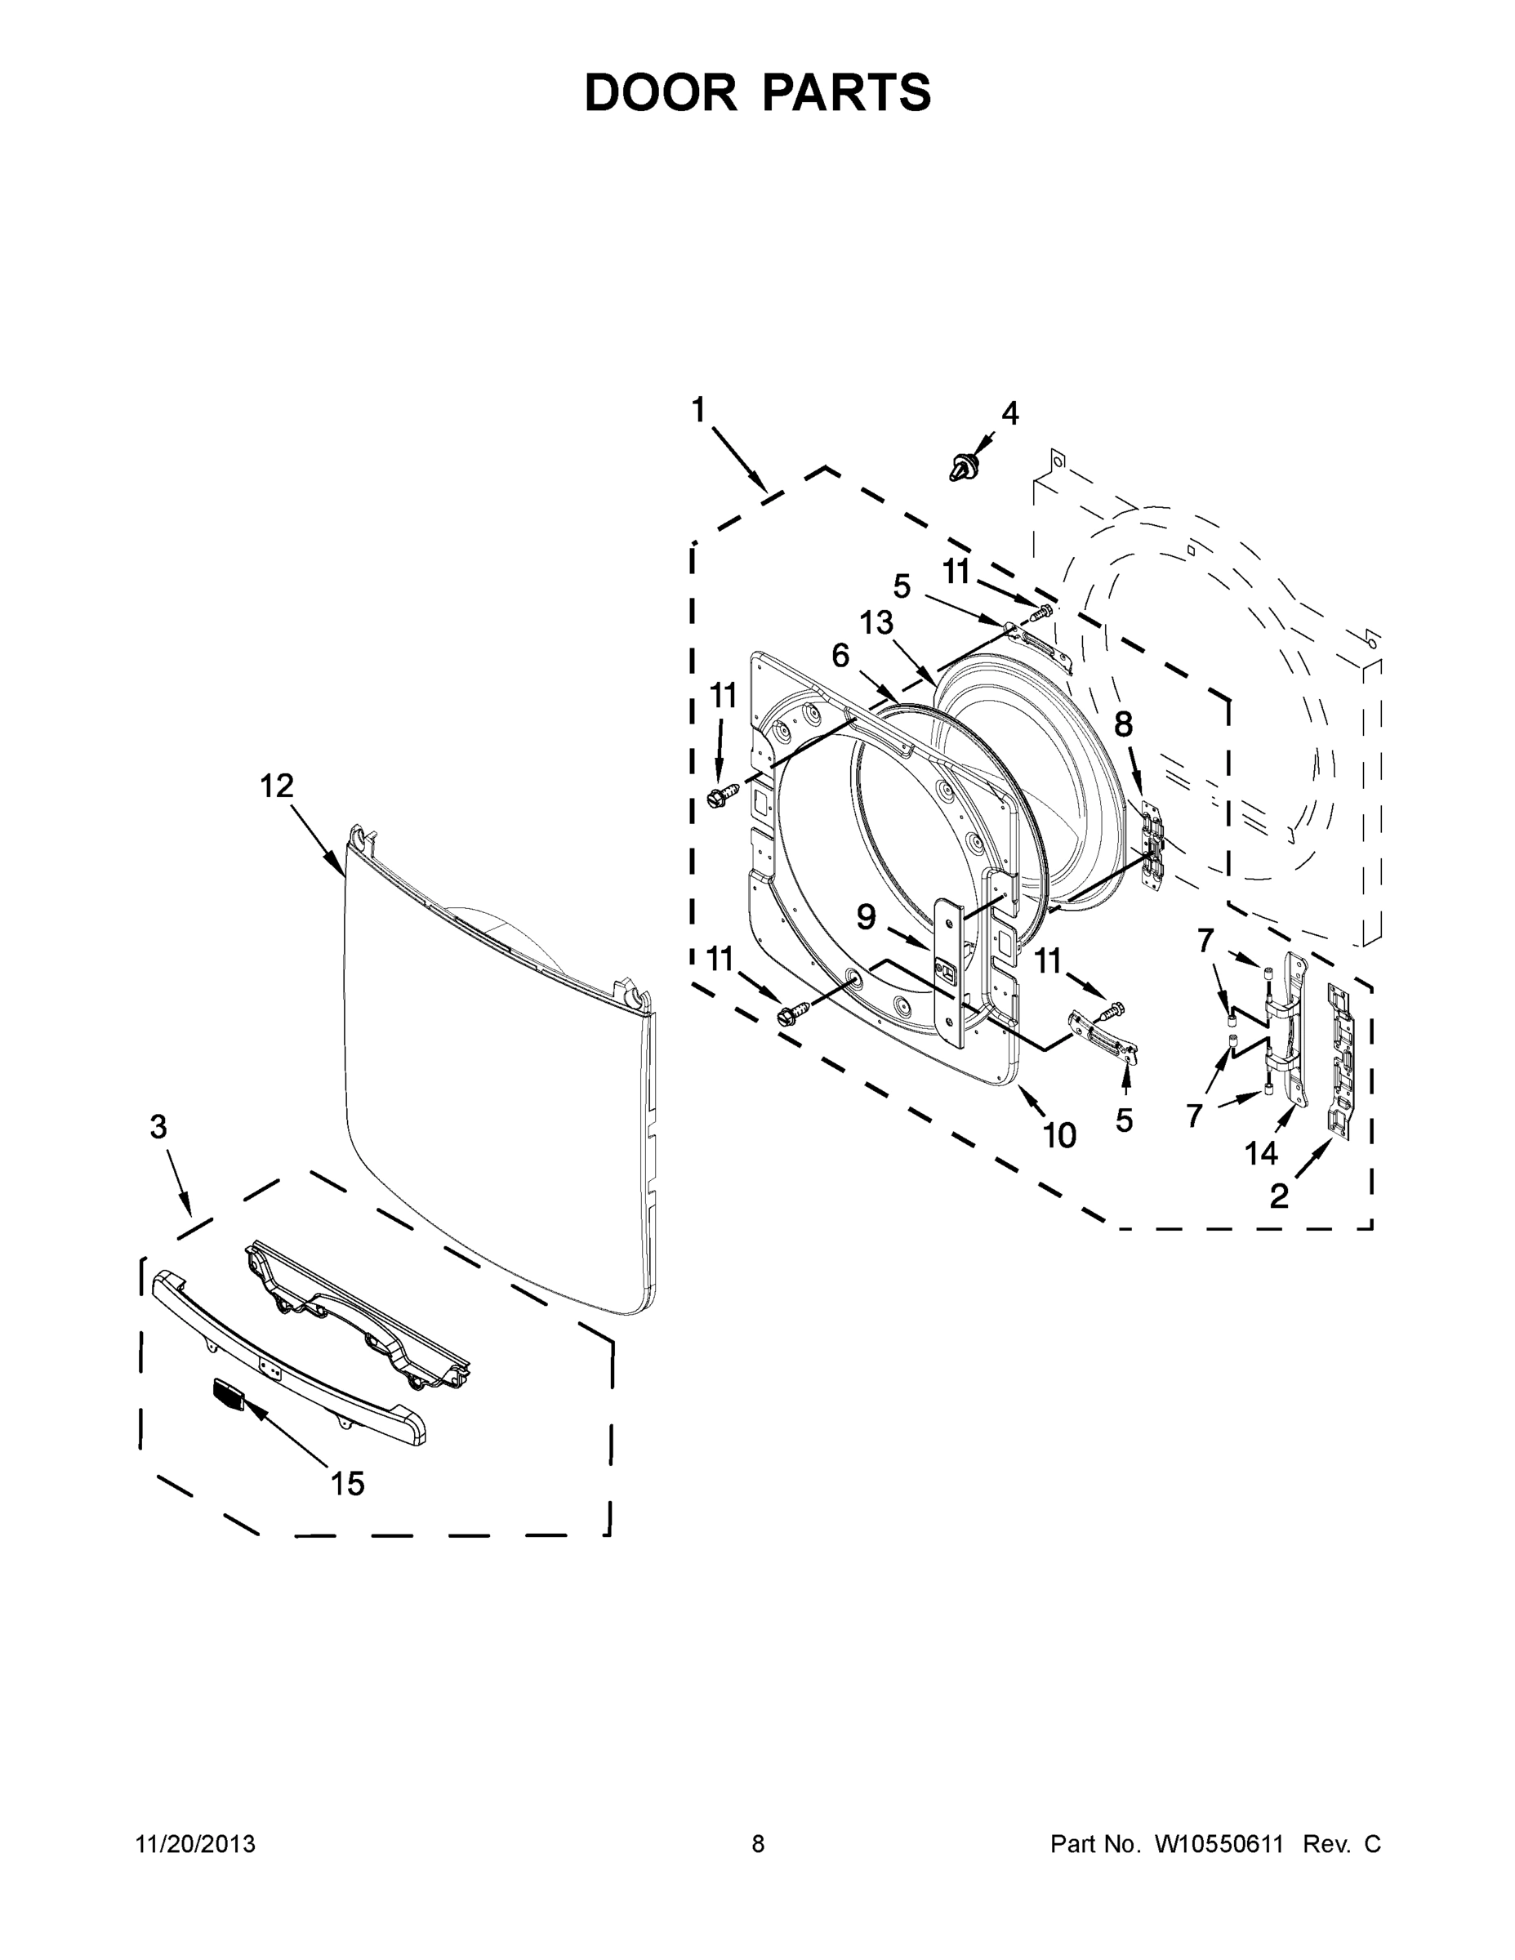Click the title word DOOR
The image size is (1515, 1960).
point(660,93)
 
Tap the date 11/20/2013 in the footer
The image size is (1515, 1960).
point(196,1844)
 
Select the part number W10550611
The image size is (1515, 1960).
point(1213,1844)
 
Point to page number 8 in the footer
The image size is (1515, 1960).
point(759,1844)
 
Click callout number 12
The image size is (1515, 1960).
point(276,786)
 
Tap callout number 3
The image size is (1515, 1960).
point(158,1127)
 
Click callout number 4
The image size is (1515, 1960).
point(1009,414)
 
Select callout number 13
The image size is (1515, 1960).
point(877,622)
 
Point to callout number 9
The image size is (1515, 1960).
point(865,917)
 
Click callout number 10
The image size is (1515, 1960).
point(1059,1136)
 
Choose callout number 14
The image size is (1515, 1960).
point(1260,1153)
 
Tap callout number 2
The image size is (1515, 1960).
point(1279,1196)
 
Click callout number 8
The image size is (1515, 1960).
point(1124,724)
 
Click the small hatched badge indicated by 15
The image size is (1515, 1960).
point(228,1394)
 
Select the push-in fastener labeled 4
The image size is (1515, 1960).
point(963,466)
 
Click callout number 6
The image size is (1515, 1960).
point(840,656)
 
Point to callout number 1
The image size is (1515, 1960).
point(698,410)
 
